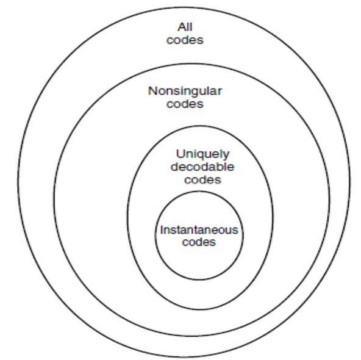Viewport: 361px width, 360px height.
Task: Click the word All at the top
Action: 185,27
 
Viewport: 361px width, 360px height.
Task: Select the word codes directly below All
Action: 185,40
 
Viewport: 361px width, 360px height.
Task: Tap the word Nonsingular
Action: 185,92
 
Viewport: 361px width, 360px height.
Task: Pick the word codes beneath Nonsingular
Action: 185,104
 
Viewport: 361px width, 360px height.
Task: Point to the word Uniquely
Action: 203,154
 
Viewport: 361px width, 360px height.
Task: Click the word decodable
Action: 202,167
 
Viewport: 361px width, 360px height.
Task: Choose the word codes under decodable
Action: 202,179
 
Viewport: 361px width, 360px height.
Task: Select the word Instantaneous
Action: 199,230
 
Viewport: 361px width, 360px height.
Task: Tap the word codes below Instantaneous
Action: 199,242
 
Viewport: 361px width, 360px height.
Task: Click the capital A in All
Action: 182,27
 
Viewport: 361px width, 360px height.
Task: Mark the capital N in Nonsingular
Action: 152,91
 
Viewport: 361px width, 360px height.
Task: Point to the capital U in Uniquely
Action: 180,154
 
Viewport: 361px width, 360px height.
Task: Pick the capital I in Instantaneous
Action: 162,229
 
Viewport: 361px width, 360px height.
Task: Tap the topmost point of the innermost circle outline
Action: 199,192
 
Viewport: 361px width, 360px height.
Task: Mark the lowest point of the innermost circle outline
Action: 199,280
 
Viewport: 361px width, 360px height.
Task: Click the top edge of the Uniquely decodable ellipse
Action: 200,126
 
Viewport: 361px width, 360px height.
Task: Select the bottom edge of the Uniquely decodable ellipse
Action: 200,309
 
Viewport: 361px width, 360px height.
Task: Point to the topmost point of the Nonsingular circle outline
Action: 191,64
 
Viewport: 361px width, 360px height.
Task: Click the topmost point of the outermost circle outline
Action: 184,7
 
